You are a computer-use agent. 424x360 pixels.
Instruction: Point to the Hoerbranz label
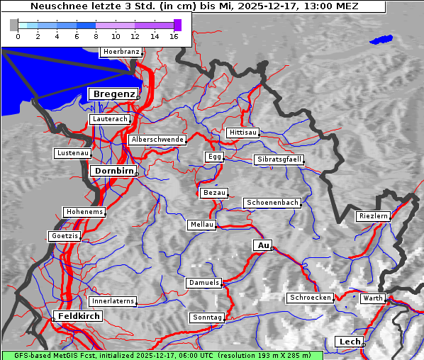(x=121, y=52)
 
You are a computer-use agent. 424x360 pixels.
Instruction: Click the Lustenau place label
(x=73, y=153)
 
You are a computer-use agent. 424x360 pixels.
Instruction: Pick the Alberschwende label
(x=157, y=140)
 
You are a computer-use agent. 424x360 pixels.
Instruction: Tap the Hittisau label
(x=242, y=133)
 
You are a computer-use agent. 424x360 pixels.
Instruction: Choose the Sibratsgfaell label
(x=279, y=159)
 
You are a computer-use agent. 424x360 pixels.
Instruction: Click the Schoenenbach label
(x=272, y=203)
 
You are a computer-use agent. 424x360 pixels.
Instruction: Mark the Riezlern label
(x=374, y=215)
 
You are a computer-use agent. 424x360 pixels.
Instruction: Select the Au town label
(x=262, y=245)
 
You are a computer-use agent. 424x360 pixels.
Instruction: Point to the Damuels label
(x=205, y=283)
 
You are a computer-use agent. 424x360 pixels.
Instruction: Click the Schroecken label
(x=310, y=298)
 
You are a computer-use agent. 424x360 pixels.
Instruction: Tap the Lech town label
(x=350, y=342)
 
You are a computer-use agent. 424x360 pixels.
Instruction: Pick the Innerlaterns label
(x=113, y=301)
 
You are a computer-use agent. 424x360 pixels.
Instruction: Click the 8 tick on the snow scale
(x=96, y=35)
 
